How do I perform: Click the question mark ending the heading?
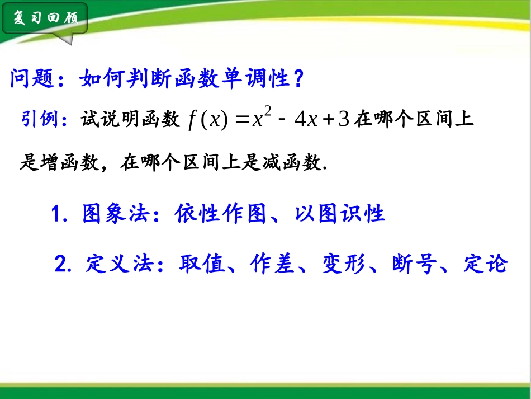[x=298, y=79]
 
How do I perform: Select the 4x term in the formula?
[x=306, y=120]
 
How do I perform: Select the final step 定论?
[x=485, y=263]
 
